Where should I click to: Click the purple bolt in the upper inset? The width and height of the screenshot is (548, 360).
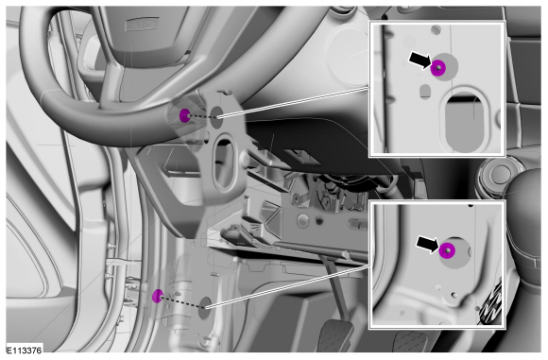[437, 68]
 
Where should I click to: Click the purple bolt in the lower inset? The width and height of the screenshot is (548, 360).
[447, 251]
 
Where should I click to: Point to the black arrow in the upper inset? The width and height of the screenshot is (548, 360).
[420, 60]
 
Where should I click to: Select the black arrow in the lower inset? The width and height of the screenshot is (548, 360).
[427, 244]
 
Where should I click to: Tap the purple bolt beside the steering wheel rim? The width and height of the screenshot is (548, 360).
[184, 115]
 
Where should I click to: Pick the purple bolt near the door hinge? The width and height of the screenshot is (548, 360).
[158, 296]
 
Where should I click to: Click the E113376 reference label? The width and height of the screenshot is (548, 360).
[25, 350]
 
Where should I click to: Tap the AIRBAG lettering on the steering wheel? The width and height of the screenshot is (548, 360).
[143, 25]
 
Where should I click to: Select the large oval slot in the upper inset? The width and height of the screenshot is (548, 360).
[465, 122]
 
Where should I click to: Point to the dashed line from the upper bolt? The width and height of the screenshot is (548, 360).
[201, 117]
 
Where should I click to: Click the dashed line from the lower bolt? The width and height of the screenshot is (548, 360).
[182, 302]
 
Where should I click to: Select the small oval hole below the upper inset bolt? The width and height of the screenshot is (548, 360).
[425, 92]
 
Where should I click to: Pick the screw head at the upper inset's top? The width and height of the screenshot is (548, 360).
[436, 29]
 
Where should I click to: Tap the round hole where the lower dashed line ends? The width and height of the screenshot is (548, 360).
[205, 308]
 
